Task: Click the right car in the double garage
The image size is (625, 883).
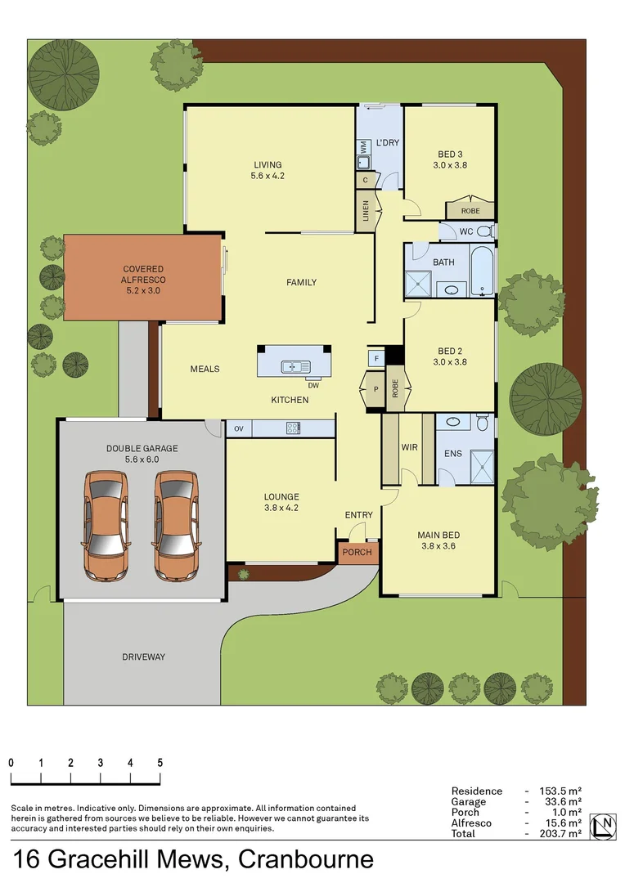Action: coord(176,525)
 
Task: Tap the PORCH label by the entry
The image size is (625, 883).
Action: coord(357,552)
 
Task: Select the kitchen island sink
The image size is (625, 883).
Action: coord(293,366)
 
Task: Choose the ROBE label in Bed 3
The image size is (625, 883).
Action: coord(470,211)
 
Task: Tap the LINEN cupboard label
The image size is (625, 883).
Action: coord(366,212)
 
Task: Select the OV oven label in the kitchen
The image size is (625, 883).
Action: coord(239,428)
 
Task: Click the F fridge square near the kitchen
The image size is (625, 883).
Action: coord(375,358)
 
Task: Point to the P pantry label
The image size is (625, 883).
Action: coord(375,389)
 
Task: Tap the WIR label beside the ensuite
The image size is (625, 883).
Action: coord(409,448)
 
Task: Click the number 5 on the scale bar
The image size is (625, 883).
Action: coord(160,762)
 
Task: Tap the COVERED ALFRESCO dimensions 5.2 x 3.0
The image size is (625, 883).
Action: coord(143,279)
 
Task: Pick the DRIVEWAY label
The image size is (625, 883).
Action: coord(143,657)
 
